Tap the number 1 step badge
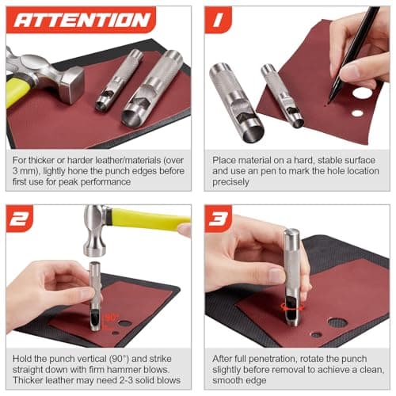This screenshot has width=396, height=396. (218, 21)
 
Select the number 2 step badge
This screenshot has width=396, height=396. (20, 218)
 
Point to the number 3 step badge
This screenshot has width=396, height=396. (219, 218)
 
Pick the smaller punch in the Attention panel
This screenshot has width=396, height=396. (119, 79)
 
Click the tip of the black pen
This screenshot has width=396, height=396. (326, 101)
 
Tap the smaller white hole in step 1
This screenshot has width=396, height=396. (357, 113)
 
